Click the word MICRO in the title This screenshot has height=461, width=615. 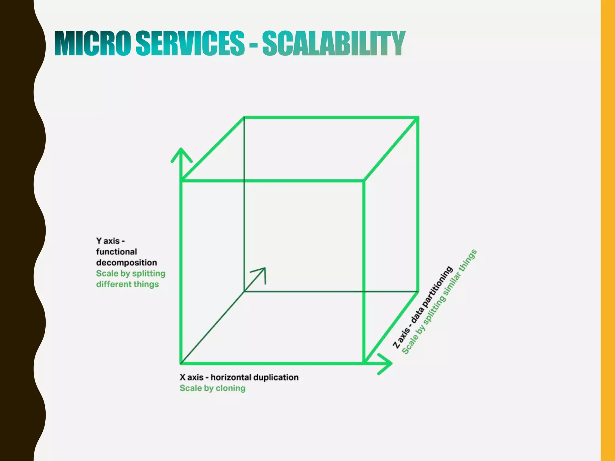(93, 44)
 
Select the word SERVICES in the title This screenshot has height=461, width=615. (190, 44)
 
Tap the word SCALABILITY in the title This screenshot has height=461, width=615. (334, 44)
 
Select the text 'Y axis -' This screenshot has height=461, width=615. (110, 241)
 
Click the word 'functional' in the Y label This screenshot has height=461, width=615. (117, 252)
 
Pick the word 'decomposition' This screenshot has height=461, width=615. (126, 263)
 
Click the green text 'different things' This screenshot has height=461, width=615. (127, 284)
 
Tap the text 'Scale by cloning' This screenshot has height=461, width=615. (212, 388)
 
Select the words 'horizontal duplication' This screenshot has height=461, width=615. (255, 377)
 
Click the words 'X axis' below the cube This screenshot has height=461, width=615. (192, 377)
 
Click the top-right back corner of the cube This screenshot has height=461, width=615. (418, 118)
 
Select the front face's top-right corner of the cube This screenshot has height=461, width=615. (364, 181)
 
